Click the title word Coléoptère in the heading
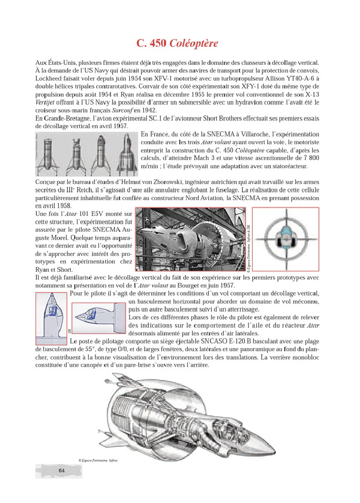(194, 44)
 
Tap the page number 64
(61, 470)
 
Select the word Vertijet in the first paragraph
(46, 102)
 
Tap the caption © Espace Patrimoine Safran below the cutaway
(99, 460)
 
